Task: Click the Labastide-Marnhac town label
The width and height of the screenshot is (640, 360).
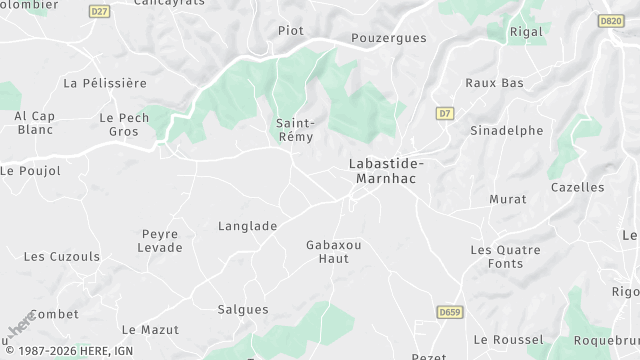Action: click(386, 170)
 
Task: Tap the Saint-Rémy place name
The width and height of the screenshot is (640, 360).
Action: click(295, 130)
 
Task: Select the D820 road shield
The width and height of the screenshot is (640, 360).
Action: click(610, 20)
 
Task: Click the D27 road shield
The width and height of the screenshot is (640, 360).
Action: click(98, 11)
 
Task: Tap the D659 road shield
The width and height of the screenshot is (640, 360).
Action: click(450, 313)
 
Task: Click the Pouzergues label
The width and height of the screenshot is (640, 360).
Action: click(389, 38)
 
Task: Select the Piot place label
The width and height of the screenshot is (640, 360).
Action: click(290, 30)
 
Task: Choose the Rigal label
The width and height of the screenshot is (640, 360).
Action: click(526, 32)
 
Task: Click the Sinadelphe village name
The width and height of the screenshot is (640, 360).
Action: click(507, 130)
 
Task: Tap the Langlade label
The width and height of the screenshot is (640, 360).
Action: click(247, 226)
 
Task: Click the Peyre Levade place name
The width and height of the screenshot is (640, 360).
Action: click(160, 240)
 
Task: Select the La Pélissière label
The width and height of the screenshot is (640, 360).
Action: click(104, 82)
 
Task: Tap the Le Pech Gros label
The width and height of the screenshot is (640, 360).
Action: click(123, 124)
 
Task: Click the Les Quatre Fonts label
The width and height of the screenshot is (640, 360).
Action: click(505, 256)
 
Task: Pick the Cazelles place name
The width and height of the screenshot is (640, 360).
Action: click(577, 187)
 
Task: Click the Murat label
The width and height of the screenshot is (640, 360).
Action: click(507, 199)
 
